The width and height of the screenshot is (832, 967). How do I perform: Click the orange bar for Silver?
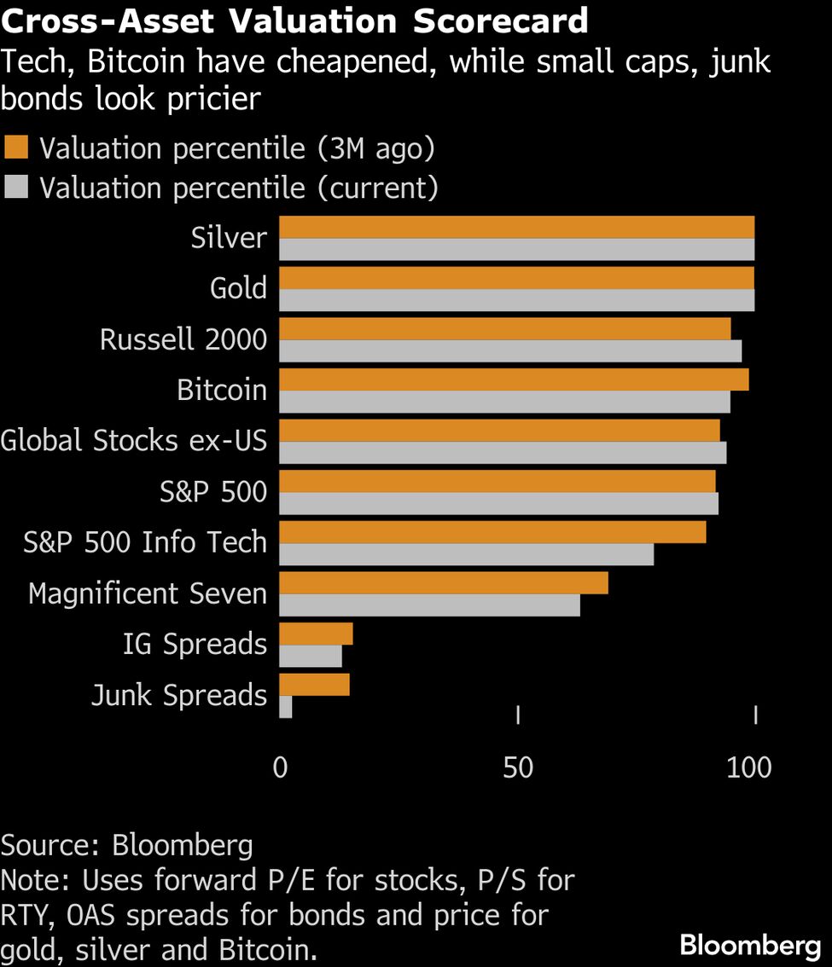click(516, 227)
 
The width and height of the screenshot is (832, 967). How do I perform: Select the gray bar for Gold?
click(516, 300)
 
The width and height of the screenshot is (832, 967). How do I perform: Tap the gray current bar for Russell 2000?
click(510, 351)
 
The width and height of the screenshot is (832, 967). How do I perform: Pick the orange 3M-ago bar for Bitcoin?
click(514, 379)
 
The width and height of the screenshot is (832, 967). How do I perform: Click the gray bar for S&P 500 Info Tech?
click(466, 554)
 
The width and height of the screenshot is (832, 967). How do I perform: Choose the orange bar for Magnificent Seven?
click(444, 582)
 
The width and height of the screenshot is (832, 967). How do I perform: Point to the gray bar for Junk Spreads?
click(286, 707)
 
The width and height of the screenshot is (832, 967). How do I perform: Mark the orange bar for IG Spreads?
click(316, 634)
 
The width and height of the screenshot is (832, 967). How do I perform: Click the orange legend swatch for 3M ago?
click(16, 148)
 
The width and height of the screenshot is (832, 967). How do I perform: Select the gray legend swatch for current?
click(16, 187)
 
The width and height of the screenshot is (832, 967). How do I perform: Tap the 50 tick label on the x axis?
click(517, 767)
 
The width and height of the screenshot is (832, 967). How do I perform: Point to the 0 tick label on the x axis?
click(280, 767)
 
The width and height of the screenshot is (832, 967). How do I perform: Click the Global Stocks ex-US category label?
click(134, 441)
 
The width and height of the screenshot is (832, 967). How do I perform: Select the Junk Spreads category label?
click(179, 695)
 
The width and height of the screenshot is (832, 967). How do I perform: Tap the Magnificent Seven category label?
click(148, 593)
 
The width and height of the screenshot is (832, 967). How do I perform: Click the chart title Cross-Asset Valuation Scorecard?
click(294, 20)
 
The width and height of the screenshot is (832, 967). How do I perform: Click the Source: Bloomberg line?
click(127, 845)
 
